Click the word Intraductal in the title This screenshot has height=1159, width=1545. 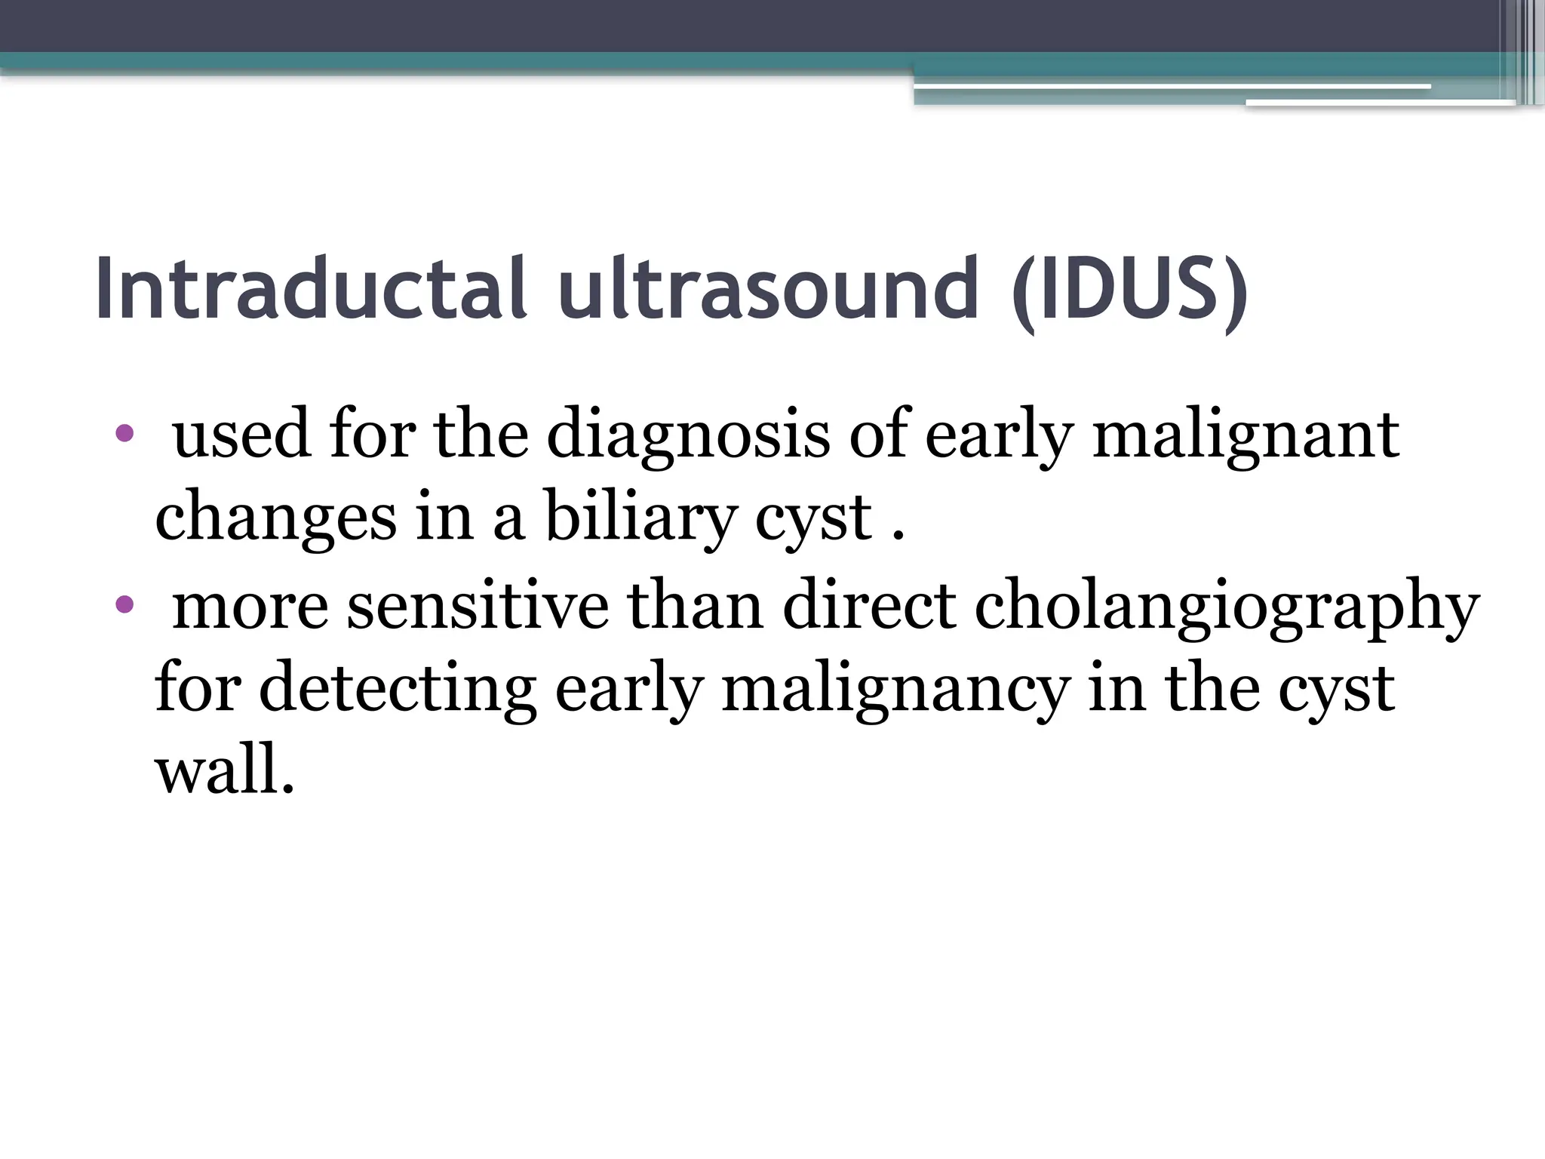(310, 289)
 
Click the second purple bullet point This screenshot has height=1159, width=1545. (124, 604)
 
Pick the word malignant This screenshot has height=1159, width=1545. (1246, 436)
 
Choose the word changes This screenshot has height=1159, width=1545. (275, 521)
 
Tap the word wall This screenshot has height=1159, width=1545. (223, 773)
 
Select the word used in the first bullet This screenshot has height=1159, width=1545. (241, 436)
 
